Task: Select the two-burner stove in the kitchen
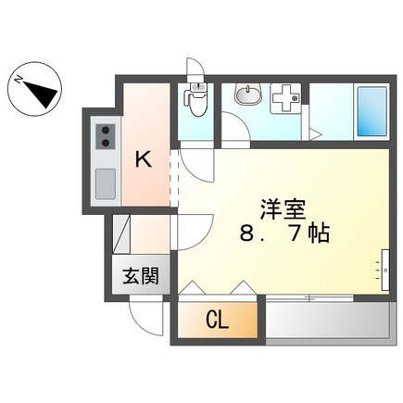pyautogui.click(x=105, y=137)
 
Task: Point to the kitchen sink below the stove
pyautogui.click(x=106, y=183)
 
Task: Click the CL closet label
pyautogui.click(x=217, y=321)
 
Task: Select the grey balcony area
pyautogui.click(x=325, y=320)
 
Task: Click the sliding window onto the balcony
pyautogui.click(x=308, y=297)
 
